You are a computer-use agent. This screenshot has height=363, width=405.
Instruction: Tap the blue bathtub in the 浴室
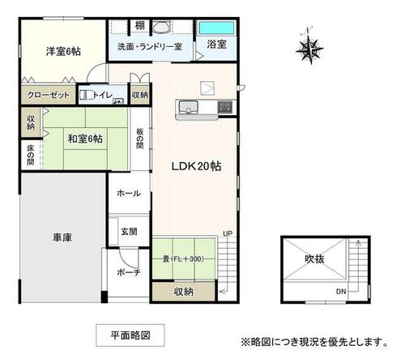(x=216, y=28)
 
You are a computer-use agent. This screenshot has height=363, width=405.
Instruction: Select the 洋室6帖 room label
(x=63, y=51)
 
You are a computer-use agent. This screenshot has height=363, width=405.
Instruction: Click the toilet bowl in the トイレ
(x=85, y=95)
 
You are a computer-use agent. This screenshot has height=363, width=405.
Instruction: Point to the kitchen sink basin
(x=188, y=107)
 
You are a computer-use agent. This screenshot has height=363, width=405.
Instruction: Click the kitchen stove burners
(x=225, y=106)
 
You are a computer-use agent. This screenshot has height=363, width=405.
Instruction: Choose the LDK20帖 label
(x=197, y=166)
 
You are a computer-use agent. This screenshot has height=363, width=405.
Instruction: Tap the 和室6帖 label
(x=85, y=139)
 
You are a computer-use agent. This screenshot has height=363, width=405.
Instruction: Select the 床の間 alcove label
(x=31, y=155)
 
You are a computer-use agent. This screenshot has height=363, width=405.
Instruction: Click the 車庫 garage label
(x=62, y=237)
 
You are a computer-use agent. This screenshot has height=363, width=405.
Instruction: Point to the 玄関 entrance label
(x=129, y=232)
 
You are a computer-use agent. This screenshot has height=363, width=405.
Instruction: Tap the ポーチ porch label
(x=129, y=272)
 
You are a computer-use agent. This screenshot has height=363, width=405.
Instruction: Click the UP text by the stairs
(x=228, y=233)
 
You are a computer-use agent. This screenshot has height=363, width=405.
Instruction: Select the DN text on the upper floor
(x=341, y=292)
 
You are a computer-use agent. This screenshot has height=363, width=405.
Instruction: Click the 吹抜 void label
(x=314, y=258)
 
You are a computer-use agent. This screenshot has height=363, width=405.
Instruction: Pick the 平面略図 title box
(x=130, y=335)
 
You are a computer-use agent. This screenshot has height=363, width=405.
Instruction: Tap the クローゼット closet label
(x=49, y=95)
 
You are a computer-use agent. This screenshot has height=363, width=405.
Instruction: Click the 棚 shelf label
(x=140, y=26)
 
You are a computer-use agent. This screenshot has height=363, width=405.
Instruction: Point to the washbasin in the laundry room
(x=161, y=27)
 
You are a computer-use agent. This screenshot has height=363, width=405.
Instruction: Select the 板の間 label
(x=140, y=139)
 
